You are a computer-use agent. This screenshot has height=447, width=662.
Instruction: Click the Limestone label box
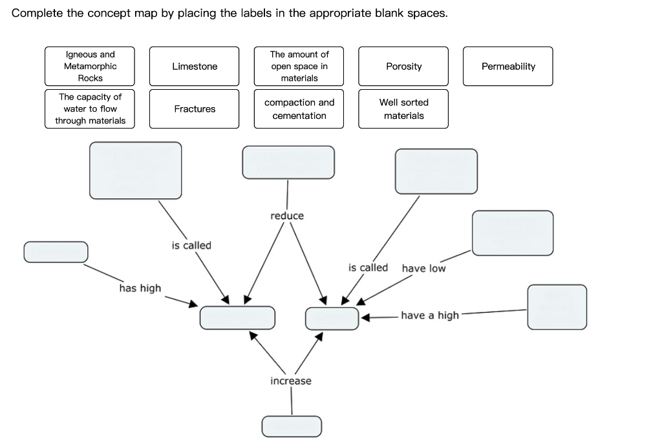194,67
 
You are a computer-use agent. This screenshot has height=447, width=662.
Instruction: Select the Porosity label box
403,67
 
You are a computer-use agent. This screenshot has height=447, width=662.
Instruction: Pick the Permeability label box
508,67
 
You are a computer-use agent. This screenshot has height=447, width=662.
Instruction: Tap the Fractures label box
194,109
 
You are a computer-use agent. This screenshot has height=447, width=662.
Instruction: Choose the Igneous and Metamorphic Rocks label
90,67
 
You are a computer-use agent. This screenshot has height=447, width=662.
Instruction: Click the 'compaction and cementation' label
299,109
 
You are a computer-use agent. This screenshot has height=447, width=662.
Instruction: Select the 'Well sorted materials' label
403,109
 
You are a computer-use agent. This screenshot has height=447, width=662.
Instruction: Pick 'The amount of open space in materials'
299,67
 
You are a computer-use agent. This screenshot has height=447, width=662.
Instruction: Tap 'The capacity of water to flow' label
90,109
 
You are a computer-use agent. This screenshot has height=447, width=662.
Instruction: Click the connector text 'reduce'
287,216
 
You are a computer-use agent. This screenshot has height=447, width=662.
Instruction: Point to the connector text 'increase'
291,381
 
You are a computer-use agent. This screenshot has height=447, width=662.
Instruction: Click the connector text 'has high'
140,288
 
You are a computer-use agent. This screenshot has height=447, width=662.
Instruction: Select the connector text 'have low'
423,268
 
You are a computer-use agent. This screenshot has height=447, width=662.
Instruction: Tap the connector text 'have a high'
430,315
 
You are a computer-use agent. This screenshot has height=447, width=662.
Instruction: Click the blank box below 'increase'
292,426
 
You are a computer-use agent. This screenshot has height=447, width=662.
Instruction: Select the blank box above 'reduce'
288,162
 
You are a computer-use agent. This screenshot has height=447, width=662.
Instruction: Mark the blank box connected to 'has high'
56,252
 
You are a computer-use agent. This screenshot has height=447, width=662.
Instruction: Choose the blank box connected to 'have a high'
557,307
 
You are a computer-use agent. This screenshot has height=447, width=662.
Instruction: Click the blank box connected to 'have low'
513,233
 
